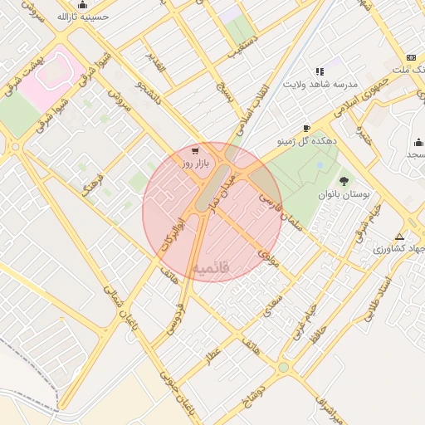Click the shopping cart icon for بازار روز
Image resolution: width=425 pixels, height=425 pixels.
(195, 152)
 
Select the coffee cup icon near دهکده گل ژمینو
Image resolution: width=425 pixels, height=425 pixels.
(306, 129)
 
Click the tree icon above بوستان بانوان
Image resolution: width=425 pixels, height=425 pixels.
(343, 179)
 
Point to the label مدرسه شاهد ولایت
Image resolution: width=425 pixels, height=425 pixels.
(322, 85)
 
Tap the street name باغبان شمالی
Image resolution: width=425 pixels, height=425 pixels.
(114, 304)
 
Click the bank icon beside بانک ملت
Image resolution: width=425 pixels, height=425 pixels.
(410, 56)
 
